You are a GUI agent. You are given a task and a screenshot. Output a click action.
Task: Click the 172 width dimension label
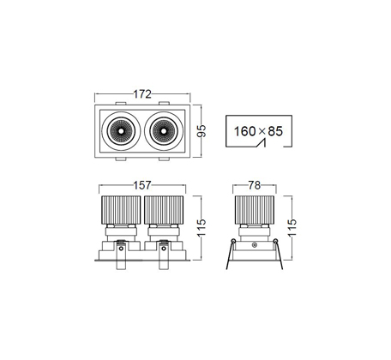pos(142,94)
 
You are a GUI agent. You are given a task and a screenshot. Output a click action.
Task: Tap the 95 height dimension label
pos(202,131)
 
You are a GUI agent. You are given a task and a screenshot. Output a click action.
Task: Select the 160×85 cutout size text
pos(258,131)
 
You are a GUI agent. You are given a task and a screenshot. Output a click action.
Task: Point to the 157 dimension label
pos(142,185)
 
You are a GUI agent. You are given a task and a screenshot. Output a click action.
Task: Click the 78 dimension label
pos(255,185)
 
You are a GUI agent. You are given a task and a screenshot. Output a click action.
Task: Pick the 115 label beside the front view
pos(202,227)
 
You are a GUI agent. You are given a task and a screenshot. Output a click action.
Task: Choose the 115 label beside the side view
pos(292,227)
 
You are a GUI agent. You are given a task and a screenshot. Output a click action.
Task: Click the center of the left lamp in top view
pos(121,131)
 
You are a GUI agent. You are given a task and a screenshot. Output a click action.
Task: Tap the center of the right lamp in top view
pos(163,131)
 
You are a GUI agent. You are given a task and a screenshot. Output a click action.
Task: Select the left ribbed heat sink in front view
pos(121,210)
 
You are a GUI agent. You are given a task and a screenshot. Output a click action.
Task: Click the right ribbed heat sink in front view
pos(164,210)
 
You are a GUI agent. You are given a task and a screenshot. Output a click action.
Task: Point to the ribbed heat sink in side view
pos(255,210)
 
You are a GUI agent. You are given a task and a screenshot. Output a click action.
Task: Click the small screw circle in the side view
pos(254,245)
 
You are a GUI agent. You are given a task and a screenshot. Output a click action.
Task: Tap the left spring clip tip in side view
pos(227,269)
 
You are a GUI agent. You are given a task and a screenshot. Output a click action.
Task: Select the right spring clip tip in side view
pos(282,269)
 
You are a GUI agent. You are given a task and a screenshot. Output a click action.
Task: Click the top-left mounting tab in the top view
pos(121,103)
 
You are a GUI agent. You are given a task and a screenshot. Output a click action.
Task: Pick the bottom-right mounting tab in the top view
pos(164,159)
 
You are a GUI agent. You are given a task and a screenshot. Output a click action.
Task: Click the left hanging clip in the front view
pos(121,255)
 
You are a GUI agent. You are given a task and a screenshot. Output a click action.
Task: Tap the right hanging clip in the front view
pos(164,255)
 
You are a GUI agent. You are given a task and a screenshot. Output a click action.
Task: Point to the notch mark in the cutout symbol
pos(262,142)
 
